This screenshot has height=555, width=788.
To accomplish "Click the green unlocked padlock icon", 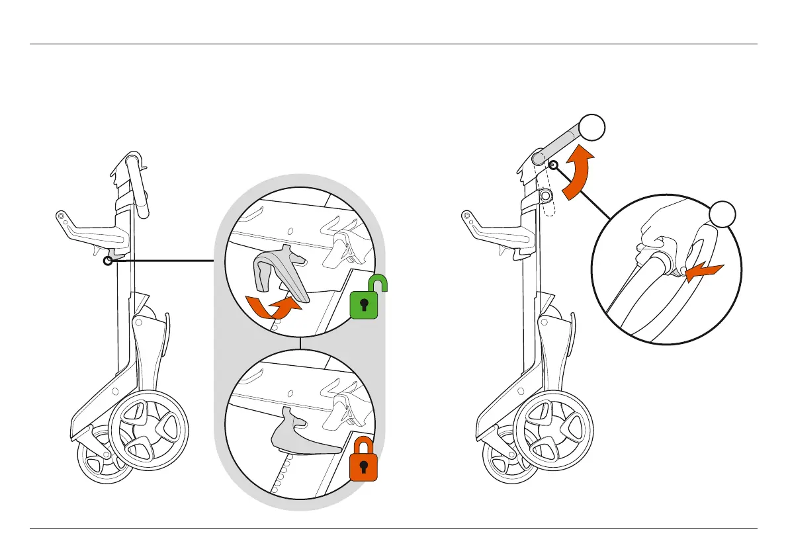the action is pos(364,305).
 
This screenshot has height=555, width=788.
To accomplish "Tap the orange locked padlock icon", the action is pos(363,462).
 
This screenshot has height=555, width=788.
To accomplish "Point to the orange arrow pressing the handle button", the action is pos(703,271).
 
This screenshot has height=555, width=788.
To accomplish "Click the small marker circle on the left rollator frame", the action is pos(107,261).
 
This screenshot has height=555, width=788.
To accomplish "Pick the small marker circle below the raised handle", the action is pos(554,165).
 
